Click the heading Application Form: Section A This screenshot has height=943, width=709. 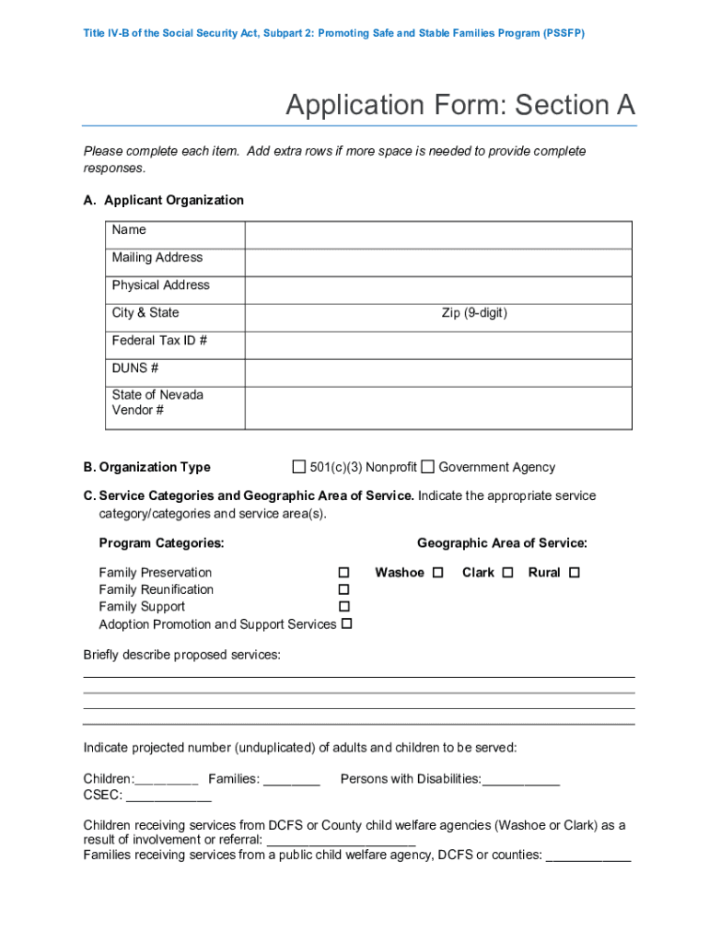click(x=459, y=105)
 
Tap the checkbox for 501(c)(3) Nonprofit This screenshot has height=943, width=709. click(x=298, y=466)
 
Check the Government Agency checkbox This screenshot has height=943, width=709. click(x=427, y=466)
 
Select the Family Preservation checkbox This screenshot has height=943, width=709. click(x=343, y=573)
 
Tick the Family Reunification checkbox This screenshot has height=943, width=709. click(x=343, y=589)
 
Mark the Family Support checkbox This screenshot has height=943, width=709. click(x=343, y=607)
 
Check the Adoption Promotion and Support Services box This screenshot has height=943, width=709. click(x=347, y=624)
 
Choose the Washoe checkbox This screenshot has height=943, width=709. click(x=438, y=573)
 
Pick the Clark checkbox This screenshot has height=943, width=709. click(x=507, y=573)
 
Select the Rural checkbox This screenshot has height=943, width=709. click(x=575, y=573)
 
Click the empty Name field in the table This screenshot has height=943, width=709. click(x=437, y=235)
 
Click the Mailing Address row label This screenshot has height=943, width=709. click(x=157, y=258)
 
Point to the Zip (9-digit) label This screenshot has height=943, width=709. click(x=474, y=313)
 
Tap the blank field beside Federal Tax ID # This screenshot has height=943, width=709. click(x=437, y=345)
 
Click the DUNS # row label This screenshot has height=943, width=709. click(x=135, y=368)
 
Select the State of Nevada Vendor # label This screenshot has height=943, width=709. click(x=157, y=402)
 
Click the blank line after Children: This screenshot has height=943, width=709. click(x=167, y=781)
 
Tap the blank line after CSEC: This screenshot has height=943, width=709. click(x=162, y=797)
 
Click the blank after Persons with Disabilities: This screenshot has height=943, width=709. click(x=520, y=781)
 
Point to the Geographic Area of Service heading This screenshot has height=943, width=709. click(x=502, y=543)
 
